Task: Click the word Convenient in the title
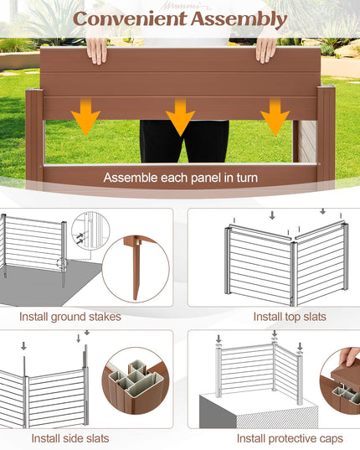[130, 19]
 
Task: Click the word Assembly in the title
[239, 20]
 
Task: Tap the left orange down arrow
[85, 116]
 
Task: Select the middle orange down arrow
[180, 116]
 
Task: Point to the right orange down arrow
[275, 116]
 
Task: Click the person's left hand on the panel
[96, 50]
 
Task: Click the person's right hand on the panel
[266, 49]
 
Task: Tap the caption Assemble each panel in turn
[181, 178]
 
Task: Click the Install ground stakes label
[70, 317]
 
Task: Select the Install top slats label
[290, 317]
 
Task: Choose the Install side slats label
[70, 438]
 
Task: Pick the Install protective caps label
[290, 439]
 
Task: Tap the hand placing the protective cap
[349, 356]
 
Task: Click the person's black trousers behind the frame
[184, 141]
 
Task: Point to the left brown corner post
[34, 136]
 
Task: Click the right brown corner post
[326, 134]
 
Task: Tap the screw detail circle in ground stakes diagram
[90, 231]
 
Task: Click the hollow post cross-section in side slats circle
[136, 380]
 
